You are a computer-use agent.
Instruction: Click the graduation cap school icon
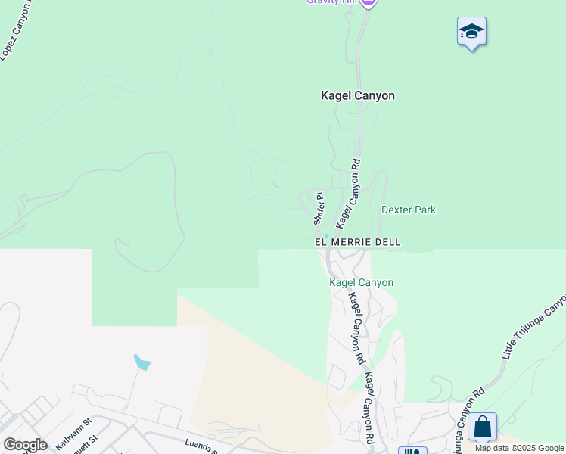coord(471,32)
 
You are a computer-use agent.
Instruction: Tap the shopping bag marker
coord(482,428)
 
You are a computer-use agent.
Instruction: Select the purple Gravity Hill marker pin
coord(368,2)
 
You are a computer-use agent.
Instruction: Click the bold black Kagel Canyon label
coord(358,96)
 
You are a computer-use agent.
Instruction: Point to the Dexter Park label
coord(409,210)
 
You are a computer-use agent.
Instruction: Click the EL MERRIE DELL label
coord(357,242)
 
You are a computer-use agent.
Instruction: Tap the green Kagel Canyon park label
coord(361,282)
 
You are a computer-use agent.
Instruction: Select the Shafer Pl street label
coord(319,208)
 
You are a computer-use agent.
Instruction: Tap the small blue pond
coord(141,362)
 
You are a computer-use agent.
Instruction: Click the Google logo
coord(25,445)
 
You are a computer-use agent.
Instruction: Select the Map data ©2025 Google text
coord(519,448)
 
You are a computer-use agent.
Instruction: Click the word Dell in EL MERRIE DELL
coord(385,242)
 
